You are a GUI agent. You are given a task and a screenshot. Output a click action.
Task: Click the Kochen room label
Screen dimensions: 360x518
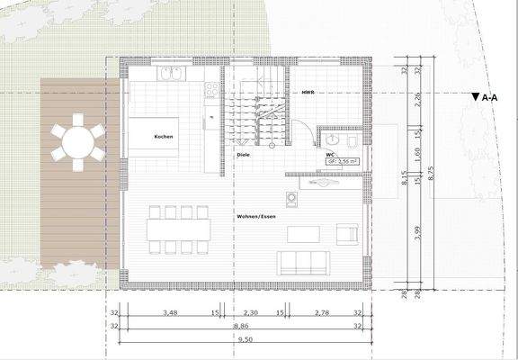click(164, 137)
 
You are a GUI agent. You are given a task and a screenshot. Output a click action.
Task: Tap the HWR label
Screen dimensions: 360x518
click(307, 92)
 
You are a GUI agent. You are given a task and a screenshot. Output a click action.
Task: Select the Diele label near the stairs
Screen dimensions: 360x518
click(243, 155)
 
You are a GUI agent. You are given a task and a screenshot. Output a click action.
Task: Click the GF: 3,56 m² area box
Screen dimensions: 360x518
click(343, 163)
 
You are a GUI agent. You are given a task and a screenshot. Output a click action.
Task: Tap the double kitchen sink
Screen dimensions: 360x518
click(171, 74)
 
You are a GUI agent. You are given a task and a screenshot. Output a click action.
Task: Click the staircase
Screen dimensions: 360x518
click(255, 117)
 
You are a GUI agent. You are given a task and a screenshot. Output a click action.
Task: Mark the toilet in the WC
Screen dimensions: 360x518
click(352, 141)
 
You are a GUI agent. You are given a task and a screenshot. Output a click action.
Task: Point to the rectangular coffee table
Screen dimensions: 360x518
click(304, 235)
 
